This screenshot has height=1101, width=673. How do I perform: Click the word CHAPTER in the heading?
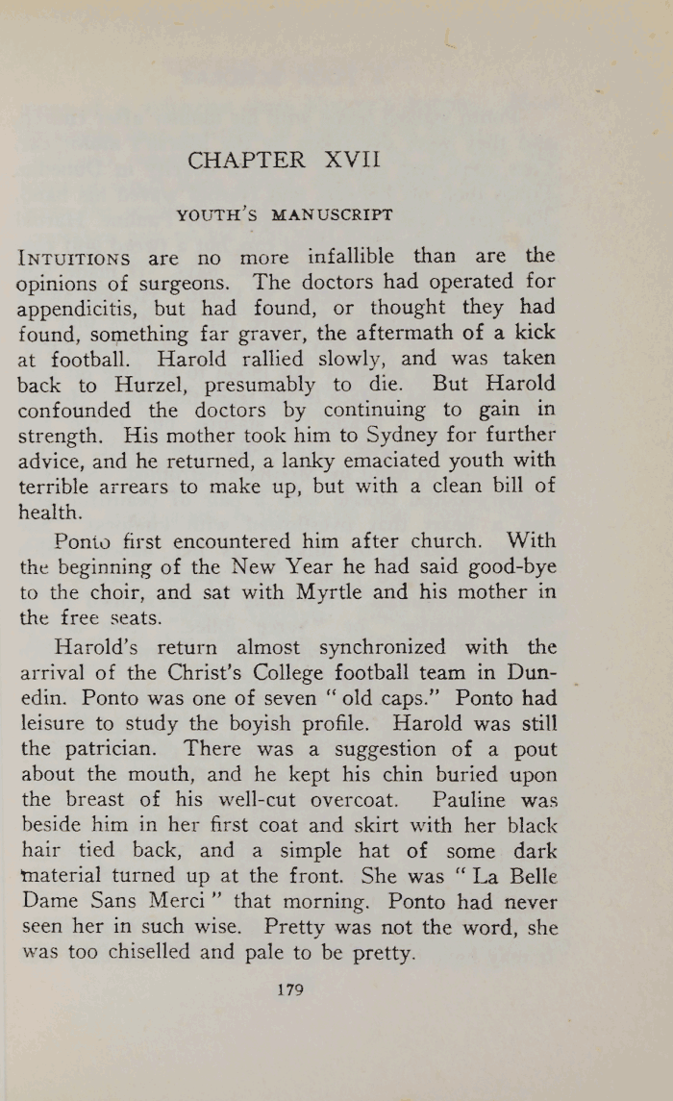[x=247, y=160]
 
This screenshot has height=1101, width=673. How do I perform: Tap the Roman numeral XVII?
[x=353, y=160]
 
